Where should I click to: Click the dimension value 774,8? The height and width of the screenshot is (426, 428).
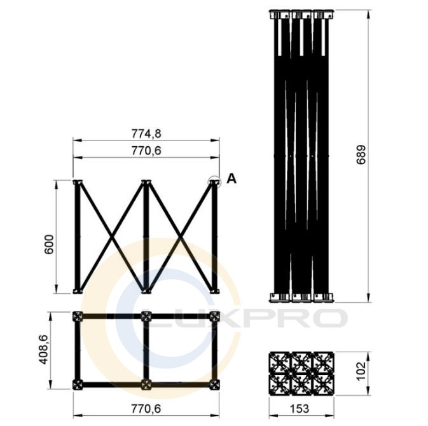point(146,134)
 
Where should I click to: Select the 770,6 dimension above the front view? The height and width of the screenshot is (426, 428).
point(146,151)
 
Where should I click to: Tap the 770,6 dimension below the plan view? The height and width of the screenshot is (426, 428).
point(146,409)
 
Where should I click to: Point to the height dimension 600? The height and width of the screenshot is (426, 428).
point(50,244)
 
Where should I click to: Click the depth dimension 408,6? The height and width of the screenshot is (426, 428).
point(43,349)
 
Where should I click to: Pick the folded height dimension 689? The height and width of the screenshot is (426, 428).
point(361,155)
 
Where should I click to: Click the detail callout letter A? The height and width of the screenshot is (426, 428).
point(231,179)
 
